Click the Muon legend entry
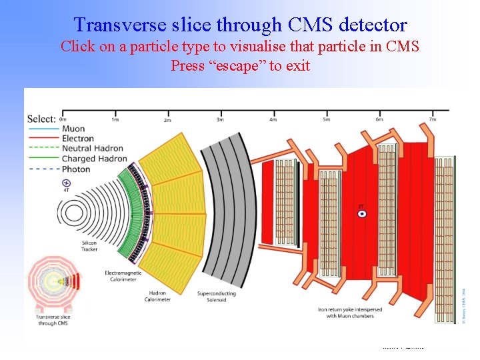coord(73,129)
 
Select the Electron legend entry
coord(77,139)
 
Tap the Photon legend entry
coord(75,169)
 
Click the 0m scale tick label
coord(63,119)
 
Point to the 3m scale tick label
coord(220,119)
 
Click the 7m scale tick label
coord(432,119)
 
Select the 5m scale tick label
coord(326,119)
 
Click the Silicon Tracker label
coord(89,246)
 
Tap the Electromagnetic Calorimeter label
coord(124,277)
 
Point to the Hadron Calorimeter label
coord(157,297)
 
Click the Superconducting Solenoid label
coord(217,297)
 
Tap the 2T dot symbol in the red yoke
coord(361,214)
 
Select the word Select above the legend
coord(41,119)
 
